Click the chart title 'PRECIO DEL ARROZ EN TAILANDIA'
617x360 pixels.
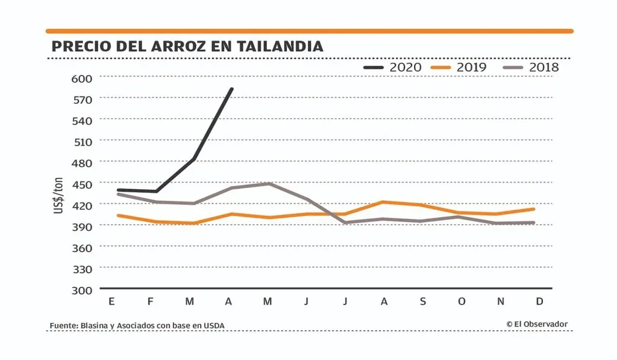[x=187, y=46]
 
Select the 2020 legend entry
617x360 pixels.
[x=392, y=67]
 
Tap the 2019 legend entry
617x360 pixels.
[x=459, y=67]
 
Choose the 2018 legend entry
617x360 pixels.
[x=530, y=67]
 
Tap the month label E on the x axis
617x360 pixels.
[x=111, y=302]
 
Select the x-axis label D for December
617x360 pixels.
[x=539, y=302]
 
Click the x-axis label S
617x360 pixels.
[x=422, y=302]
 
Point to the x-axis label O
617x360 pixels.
[x=462, y=302]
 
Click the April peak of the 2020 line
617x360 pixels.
[x=232, y=89]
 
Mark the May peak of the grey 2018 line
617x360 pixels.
[x=268, y=183]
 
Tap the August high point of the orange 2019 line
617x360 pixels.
[x=384, y=202]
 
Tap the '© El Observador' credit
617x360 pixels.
[x=537, y=324]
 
